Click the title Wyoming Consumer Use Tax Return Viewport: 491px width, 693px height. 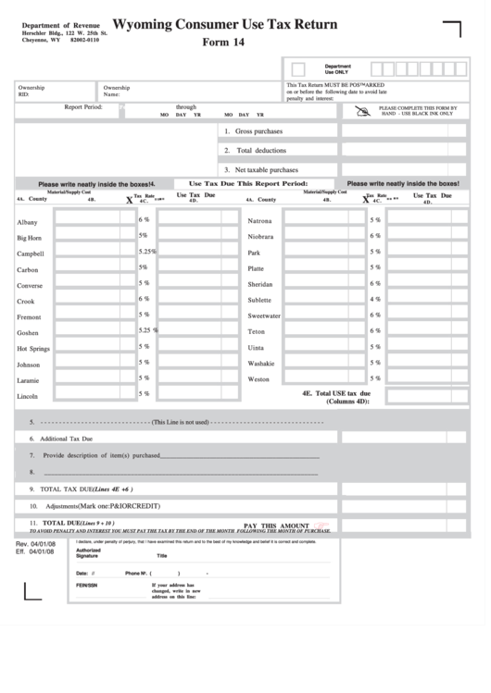(x=224, y=25)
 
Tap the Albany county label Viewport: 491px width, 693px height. (x=27, y=222)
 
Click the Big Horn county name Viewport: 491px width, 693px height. (x=29, y=238)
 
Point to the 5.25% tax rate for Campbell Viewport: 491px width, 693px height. (x=146, y=252)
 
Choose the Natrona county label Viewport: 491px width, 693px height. (x=259, y=221)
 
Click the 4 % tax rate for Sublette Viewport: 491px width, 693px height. (x=375, y=299)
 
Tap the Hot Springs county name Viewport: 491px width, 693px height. (x=33, y=349)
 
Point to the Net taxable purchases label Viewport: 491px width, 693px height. (x=266, y=170)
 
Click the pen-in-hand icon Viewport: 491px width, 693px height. (x=361, y=110)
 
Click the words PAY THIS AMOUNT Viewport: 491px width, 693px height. (x=276, y=525)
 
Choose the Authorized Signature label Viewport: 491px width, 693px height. (x=88, y=553)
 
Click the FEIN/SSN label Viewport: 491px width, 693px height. (x=86, y=586)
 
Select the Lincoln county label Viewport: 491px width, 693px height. (x=27, y=396)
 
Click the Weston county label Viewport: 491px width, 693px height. (x=258, y=379)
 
